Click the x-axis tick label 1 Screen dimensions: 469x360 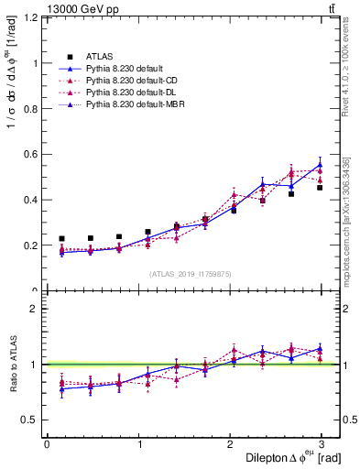138,443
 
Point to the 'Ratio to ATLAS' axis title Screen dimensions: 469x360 12,365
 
